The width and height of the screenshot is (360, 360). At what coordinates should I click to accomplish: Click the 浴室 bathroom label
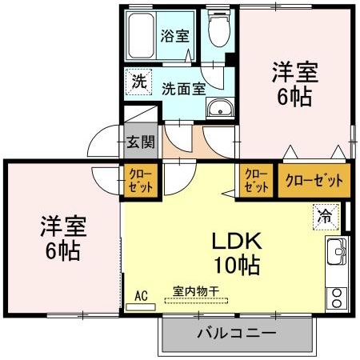point(174,36)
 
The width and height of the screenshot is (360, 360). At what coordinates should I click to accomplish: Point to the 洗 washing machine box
point(138,81)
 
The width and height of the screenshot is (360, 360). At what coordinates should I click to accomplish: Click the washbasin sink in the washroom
point(218,109)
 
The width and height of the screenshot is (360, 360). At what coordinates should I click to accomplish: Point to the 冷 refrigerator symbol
point(325,215)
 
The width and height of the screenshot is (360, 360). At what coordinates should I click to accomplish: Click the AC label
point(142,295)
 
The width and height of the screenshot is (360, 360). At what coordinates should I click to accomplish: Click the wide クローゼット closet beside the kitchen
point(314,181)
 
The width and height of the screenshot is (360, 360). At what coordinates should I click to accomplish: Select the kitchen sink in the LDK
point(334,252)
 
